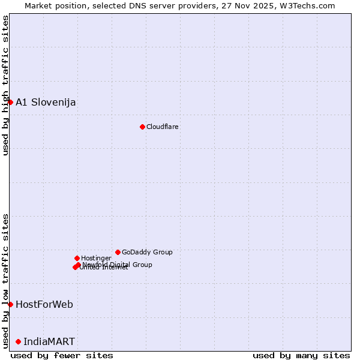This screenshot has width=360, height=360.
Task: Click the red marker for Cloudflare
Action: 142,127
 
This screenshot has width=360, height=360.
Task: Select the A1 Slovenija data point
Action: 10,102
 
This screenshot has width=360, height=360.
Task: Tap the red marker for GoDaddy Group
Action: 118,252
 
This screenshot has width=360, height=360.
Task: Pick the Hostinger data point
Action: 77,258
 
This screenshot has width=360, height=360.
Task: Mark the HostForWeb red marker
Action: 10,304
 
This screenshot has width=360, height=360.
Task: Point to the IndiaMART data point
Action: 18,341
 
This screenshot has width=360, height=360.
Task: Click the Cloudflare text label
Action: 163,127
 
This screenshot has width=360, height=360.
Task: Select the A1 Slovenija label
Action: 46,102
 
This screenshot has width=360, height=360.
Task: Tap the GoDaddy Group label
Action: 147,252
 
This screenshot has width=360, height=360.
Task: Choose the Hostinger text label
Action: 97,258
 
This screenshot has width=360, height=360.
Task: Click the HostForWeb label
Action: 44,304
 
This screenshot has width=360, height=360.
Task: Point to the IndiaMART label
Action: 49,341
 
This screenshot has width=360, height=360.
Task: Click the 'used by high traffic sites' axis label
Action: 5,85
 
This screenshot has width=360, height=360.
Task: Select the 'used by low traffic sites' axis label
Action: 5,280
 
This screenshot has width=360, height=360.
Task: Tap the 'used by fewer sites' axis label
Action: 62,355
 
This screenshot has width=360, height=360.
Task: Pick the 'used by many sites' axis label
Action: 301,355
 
